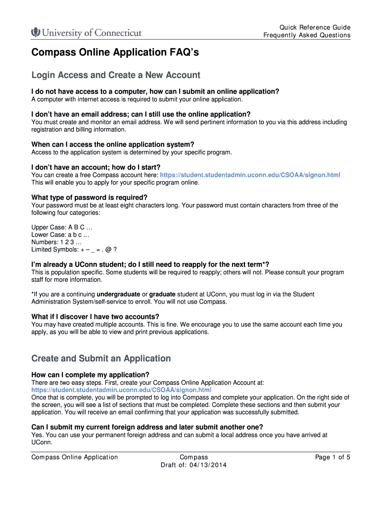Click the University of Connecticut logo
[87, 33]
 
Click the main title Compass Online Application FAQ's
[115, 52]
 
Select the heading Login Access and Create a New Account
[116, 75]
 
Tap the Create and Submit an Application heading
[101, 358]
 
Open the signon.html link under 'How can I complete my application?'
[121, 390]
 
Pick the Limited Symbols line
[74, 250]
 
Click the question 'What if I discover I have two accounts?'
[95, 317]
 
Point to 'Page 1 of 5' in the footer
[333, 457]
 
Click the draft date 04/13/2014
[205, 465]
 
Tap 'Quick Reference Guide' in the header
[315, 27]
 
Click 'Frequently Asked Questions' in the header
[307, 35]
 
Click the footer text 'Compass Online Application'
[75, 457]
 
